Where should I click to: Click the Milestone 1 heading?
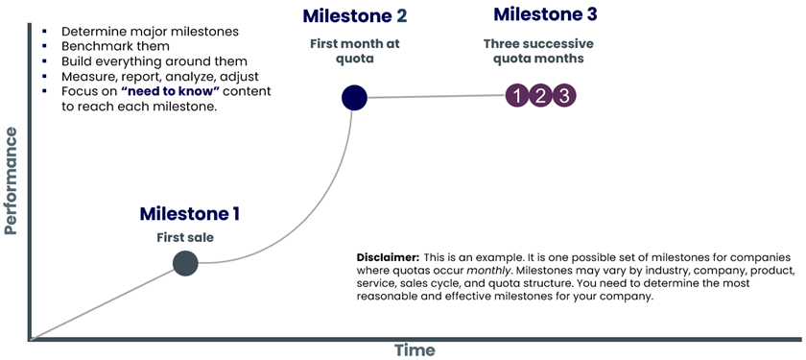click(189, 213)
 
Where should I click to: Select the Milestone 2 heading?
click(355, 16)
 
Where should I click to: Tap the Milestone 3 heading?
click(545, 14)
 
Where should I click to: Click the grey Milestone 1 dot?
click(185, 263)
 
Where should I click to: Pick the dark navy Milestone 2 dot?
click(354, 98)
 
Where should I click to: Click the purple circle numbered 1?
click(517, 96)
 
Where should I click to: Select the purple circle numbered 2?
click(540, 96)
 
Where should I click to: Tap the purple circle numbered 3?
click(564, 96)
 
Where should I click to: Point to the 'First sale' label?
click(185, 238)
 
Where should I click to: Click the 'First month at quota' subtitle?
click(355, 51)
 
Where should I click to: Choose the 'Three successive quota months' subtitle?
click(538, 51)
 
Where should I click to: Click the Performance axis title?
click(11, 181)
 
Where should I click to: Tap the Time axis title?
click(415, 350)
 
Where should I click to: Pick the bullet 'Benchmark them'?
click(116, 46)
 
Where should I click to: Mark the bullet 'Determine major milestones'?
click(150, 32)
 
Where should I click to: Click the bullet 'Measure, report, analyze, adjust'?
click(160, 77)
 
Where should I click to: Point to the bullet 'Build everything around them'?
click(154, 61)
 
